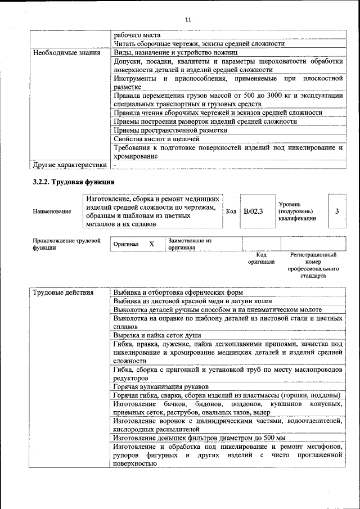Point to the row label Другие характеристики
pos(69,165)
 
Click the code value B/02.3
pos(254,211)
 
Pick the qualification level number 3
pos(337,211)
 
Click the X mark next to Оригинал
pos(151,244)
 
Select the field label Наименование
pos(52,211)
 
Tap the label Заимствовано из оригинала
pos(189,244)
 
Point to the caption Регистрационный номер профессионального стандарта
pos(313,265)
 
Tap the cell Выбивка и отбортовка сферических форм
pos(178,292)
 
